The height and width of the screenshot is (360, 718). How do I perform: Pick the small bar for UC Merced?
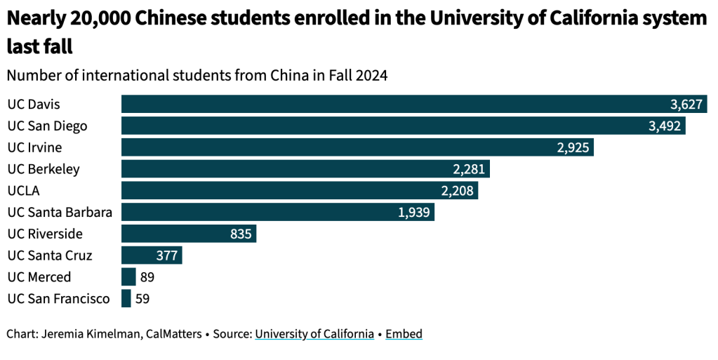(128, 277)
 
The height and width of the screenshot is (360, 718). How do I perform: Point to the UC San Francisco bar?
(126, 299)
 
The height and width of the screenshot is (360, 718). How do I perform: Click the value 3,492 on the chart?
(665, 126)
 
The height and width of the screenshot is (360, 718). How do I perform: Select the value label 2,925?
(573, 148)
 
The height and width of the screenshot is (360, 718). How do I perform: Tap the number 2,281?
(470, 169)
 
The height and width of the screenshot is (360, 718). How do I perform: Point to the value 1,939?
(414, 213)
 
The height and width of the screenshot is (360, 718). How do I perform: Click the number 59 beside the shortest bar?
(142, 299)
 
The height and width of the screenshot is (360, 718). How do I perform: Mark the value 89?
(147, 277)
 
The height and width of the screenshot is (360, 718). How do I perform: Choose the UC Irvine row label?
(34, 147)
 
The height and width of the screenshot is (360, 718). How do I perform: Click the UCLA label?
(22, 191)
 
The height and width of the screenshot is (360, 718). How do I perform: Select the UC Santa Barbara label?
(60, 212)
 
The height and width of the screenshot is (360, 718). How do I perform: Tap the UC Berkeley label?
(43, 169)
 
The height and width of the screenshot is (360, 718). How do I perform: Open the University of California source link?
(314, 334)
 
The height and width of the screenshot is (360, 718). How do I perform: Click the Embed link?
(404, 334)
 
